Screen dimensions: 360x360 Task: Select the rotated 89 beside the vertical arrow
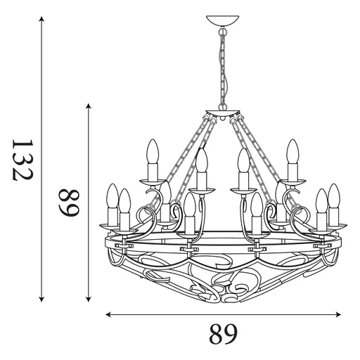point(68,202)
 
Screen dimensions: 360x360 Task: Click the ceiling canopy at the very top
point(224,19)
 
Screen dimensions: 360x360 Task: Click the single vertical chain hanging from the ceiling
point(224,70)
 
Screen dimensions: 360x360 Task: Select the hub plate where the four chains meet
point(224,113)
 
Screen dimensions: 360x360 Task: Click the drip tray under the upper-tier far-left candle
point(152,181)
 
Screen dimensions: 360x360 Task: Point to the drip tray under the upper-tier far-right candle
point(292,181)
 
